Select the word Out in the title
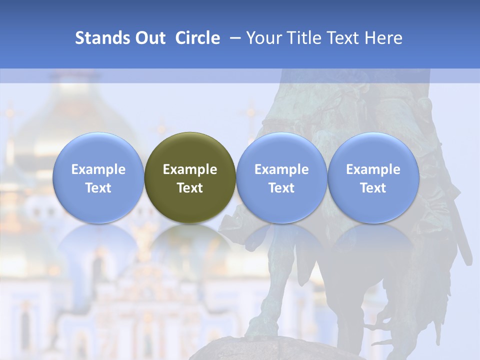tap(149, 38)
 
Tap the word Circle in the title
tap(197, 38)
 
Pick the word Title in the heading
tap(305, 38)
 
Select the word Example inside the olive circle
tap(190, 169)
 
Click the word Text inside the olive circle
tap(190, 188)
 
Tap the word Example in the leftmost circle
tap(98, 169)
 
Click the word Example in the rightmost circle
tap(373, 169)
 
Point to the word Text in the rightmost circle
tap(373, 188)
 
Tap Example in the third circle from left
tap(281, 169)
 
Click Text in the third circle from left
tap(281, 188)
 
